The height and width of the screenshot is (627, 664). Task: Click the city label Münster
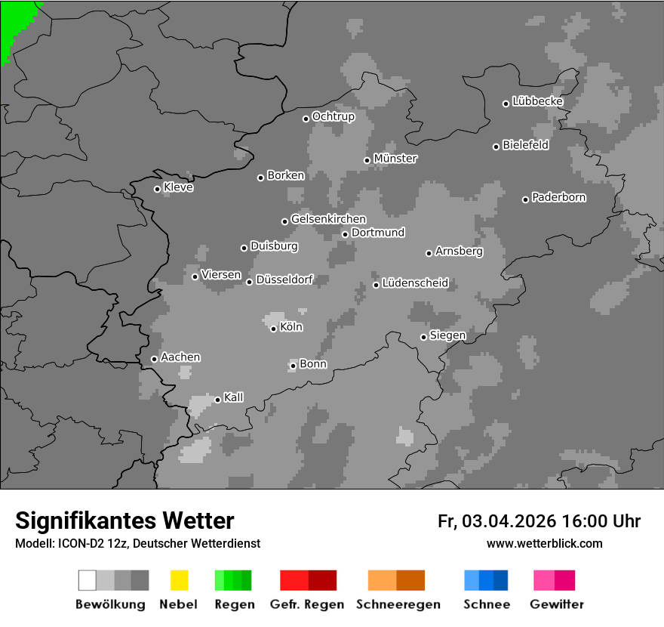click(x=395, y=159)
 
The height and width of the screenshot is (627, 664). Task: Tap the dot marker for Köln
click(x=273, y=329)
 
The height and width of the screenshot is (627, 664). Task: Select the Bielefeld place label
click(x=526, y=145)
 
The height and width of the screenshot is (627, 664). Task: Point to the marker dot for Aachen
click(x=154, y=359)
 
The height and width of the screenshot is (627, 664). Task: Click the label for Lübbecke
click(x=537, y=101)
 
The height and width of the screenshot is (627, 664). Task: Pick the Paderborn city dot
click(x=525, y=199)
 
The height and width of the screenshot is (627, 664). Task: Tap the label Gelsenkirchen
click(x=328, y=219)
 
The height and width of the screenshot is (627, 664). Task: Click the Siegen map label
click(x=447, y=335)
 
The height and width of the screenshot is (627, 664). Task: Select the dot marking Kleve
click(x=157, y=189)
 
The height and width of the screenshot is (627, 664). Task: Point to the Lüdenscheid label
click(x=415, y=283)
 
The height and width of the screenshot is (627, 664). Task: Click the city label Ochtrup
click(x=333, y=116)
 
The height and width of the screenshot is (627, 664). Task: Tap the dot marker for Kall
click(x=217, y=400)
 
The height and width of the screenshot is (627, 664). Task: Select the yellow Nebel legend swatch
click(x=179, y=580)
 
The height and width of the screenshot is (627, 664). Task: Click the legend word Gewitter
click(x=557, y=604)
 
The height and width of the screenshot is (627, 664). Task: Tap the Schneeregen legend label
click(x=398, y=604)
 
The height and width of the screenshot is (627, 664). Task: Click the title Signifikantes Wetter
click(x=124, y=520)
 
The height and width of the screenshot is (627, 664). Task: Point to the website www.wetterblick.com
click(x=544, y=543)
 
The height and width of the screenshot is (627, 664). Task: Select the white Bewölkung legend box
click(x=88, y=580)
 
